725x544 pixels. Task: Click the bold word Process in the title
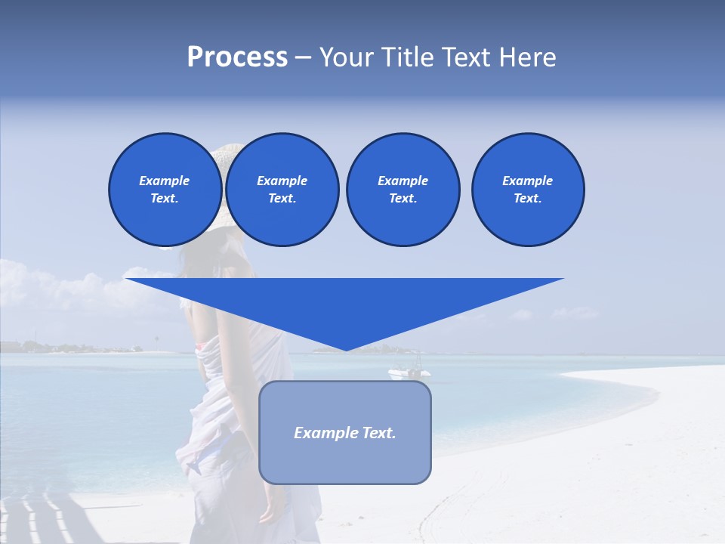click(x=237, y=57)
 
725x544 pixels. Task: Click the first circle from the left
click(x=165, y=190)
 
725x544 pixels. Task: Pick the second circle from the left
click(x=282, y=190)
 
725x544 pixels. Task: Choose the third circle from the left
click(x=403, y=190)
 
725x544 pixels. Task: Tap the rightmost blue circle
click(x=527, y=190)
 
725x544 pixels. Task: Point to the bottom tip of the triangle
click(x=346, y=349)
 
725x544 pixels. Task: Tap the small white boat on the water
click(x=409, y=372)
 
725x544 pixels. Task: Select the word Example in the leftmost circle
click(x=165, y=181)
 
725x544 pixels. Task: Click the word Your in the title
click(x=345, y=57)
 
